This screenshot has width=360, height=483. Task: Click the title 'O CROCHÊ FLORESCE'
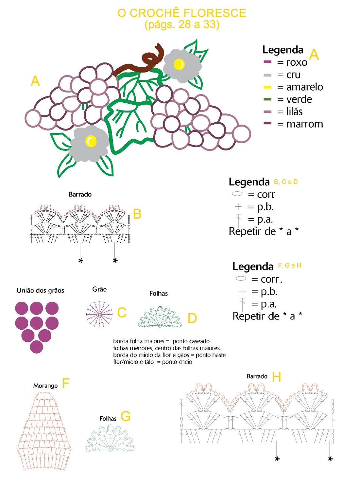click(182, 13)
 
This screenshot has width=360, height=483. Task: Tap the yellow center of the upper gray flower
click(179, 64)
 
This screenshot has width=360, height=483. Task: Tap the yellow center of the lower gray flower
click(91, 141)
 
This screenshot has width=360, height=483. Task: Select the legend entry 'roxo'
click(297, 62)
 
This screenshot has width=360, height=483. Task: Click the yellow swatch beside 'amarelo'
click(267, 87)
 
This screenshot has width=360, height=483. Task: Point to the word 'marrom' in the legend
click(304, 124)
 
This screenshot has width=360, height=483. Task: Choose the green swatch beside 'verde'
click(267, 99)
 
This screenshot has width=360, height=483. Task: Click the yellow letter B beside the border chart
click(137, 214)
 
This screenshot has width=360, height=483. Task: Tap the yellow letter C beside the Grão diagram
click(122, 312)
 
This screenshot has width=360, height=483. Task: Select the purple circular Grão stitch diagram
click(99, 314)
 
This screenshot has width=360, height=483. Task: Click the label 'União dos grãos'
click(40, 290)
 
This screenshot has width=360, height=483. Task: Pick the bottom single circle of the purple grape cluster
click(36, 347)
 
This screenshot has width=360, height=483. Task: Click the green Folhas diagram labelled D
click(160, 317)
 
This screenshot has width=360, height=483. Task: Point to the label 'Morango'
click(45, 386)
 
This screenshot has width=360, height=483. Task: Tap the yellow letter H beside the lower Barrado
click(276, 377)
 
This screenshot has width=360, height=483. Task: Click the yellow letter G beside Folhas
click(126, 416)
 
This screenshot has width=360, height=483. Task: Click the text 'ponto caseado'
click(191, 341)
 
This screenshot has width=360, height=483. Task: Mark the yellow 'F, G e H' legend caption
click(290, 265)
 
